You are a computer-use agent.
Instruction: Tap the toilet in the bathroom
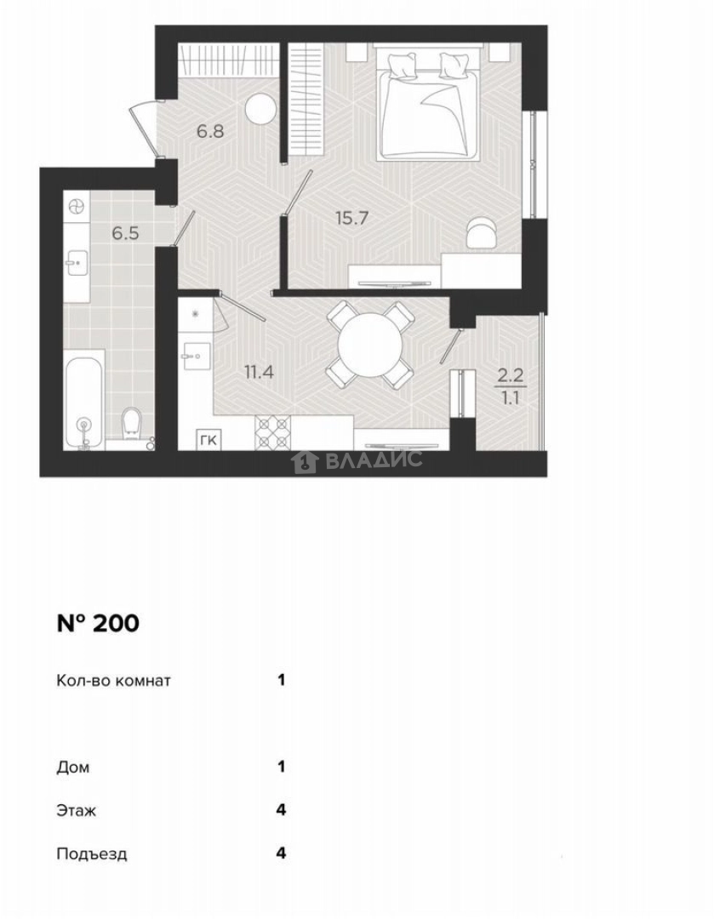(x=130, y=423)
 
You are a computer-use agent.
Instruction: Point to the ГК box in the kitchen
(x=207, y=439)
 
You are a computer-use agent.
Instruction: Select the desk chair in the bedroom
(x=481, y=231)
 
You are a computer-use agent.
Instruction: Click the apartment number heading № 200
(x=97, y=624)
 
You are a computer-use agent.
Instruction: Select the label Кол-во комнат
(x=114, y=681)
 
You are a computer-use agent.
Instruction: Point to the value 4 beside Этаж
(x=281, y=810)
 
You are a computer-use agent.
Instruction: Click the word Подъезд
(x=91, y=854)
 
